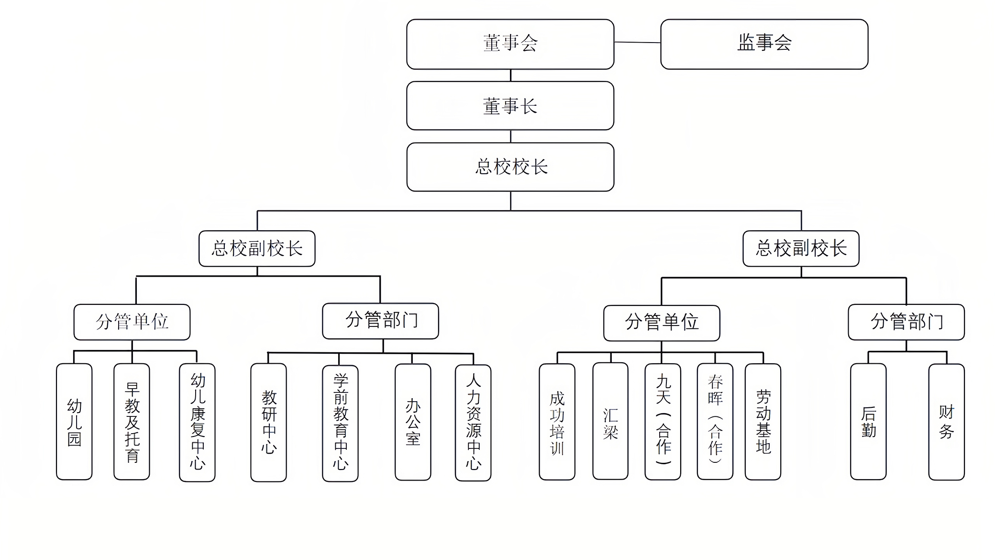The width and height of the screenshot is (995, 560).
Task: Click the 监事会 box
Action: coord(764,44)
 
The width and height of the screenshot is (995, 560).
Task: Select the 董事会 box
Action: coord(510,44)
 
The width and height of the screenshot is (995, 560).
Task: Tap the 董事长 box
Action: coord(510,105)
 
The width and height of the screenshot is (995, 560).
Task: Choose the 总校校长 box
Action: coord(510,167)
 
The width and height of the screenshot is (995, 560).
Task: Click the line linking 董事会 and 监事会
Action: coord(637,43)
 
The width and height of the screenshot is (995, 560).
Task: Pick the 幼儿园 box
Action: coord(74,422)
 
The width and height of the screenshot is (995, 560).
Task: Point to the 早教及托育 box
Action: coord(132,422)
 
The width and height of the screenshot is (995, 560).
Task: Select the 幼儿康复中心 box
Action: coord(197,422)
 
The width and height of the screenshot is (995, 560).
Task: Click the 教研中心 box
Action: coord(268,422)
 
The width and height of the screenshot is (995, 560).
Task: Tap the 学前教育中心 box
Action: coord(340,423)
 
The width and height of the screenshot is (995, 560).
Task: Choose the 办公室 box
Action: coord(413,422)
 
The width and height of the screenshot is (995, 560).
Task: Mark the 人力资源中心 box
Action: coord(473,423)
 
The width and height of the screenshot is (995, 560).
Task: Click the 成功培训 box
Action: coord(557,422)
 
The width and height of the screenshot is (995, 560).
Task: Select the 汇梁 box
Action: coord(610,421)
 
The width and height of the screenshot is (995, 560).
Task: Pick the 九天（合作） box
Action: coord(663,422)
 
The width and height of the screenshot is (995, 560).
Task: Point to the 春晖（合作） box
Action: coord(715,422)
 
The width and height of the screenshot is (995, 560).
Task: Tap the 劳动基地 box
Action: coord(763,422)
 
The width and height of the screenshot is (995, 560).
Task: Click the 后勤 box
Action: coord(868,422)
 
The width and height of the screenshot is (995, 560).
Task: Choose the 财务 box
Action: coord(946,422)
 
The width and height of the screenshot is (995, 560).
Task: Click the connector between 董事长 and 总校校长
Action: coord(510,136)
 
